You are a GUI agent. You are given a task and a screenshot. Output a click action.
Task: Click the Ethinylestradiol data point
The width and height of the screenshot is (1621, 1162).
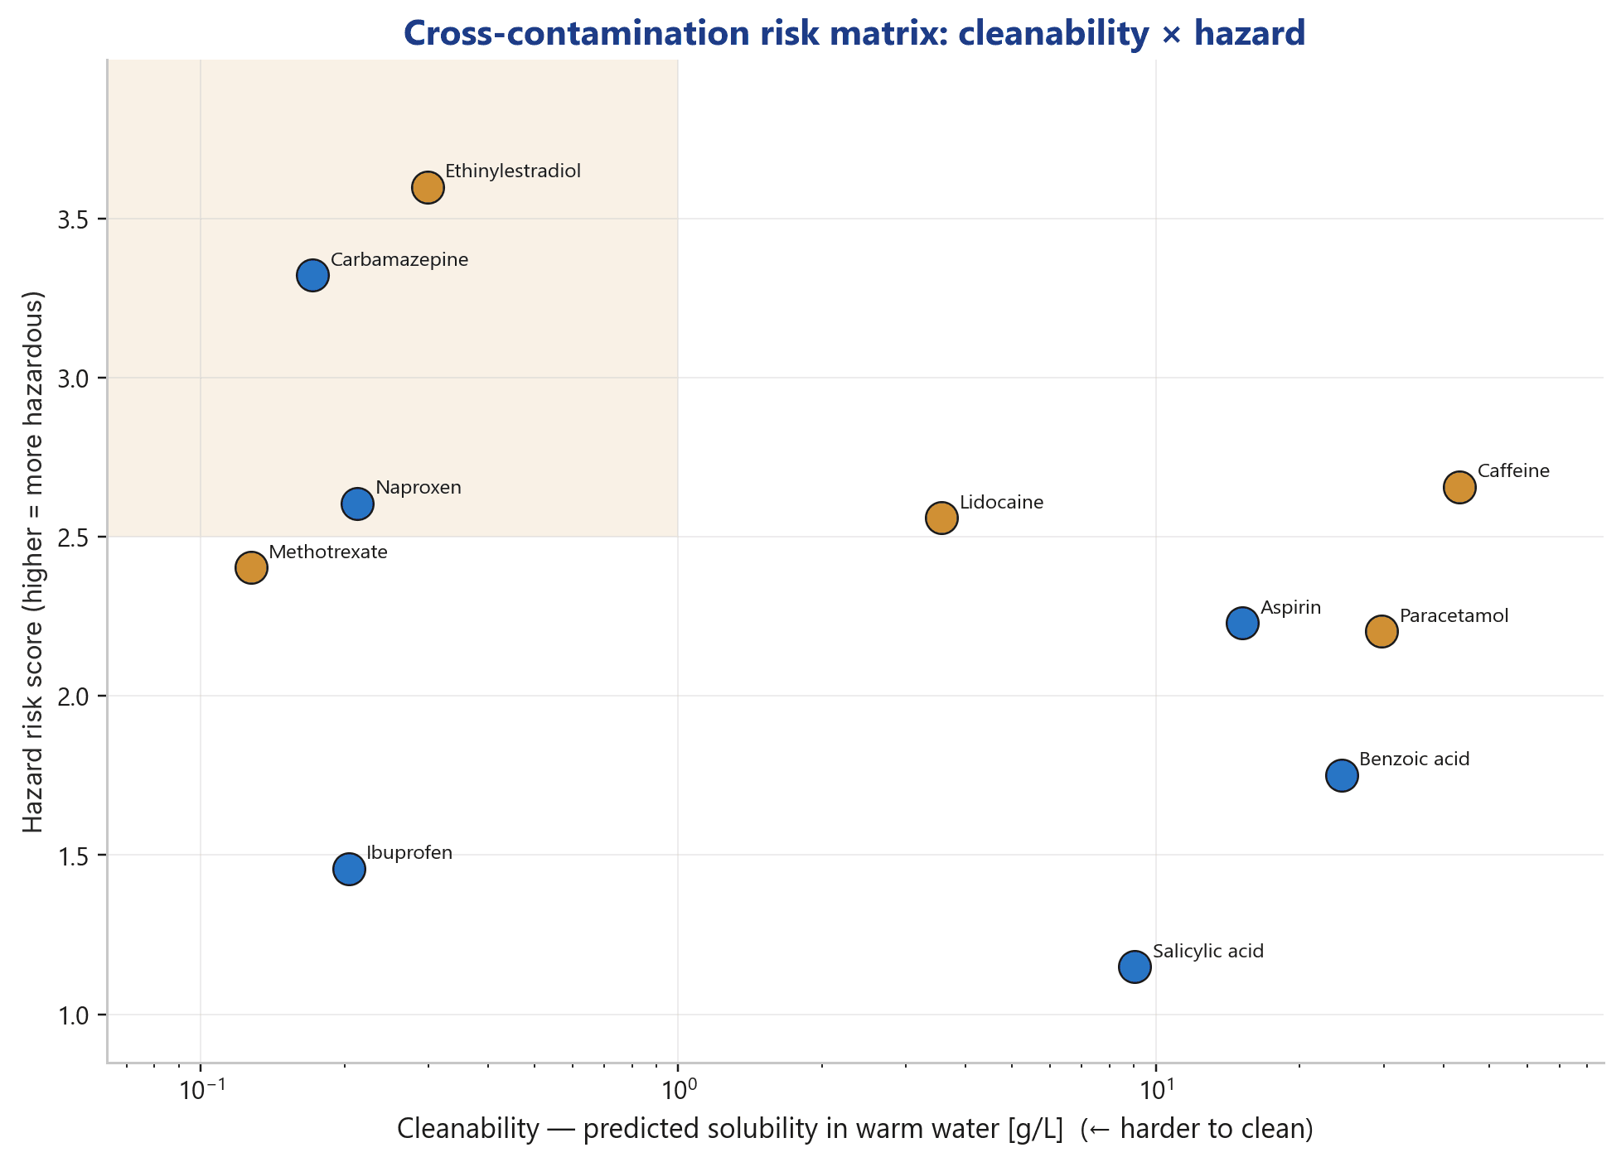point(428,187)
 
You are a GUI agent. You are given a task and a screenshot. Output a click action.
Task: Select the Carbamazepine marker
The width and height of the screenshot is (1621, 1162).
point(312,275)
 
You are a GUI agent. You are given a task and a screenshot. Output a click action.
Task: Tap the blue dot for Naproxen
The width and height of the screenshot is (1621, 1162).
point(357,504)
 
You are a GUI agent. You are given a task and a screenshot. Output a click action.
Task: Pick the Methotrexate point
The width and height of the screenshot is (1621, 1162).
point(251,568)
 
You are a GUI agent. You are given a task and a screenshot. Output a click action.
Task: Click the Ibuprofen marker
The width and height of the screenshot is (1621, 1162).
point(350,870)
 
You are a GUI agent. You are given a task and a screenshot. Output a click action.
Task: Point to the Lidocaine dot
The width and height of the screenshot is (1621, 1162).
point(941,518)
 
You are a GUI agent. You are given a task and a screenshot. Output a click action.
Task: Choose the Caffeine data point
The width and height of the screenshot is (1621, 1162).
point(1459,487)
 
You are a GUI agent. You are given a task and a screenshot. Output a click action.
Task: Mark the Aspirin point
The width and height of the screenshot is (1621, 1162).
point(1242,623)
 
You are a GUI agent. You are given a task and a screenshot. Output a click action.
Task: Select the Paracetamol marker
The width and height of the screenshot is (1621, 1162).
point(1381,631)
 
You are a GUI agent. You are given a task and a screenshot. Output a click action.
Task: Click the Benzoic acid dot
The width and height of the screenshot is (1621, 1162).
point(1342,775)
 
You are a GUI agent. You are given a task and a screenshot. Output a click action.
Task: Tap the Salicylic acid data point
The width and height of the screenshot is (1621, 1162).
point(1135,967)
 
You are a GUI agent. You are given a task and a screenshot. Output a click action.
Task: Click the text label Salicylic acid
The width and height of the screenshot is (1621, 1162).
point(1208,952)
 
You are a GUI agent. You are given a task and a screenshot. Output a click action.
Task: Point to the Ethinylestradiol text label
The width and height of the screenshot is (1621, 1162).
point(513,172)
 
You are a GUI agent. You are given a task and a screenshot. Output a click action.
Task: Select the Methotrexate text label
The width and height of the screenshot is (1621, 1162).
point(328,552)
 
